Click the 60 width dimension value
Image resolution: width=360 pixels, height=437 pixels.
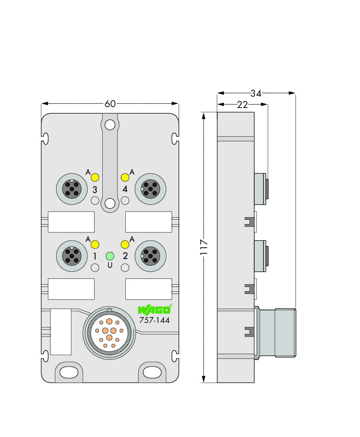(110, 104)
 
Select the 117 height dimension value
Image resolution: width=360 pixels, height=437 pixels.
(204, 247)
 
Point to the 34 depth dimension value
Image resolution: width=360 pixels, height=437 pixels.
(256, 93)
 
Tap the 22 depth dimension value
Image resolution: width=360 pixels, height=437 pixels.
(242, 104)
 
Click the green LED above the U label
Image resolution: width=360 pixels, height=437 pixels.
(110, 256)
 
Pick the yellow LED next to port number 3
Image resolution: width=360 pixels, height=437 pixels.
(95, 177)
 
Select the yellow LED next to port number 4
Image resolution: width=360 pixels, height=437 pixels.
(125, 177)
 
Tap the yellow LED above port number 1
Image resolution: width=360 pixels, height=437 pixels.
(95, 245)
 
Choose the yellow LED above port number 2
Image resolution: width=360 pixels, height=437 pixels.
(125, 245)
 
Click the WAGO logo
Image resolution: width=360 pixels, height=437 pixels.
(155, 309)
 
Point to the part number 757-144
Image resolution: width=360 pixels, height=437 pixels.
(155, 320)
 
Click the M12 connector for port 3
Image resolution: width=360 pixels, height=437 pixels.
(72, 189)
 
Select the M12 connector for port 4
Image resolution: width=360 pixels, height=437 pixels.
(151, 189)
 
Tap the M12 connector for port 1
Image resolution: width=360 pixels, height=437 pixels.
(72, 256)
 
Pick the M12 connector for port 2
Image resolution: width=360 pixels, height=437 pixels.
(151, 256)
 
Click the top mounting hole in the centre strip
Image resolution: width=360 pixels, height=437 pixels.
(110, 125)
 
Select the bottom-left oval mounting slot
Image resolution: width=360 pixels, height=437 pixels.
(69, 372)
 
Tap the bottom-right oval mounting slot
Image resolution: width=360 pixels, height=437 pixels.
(152, 372)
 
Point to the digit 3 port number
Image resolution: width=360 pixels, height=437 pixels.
(95, 190)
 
